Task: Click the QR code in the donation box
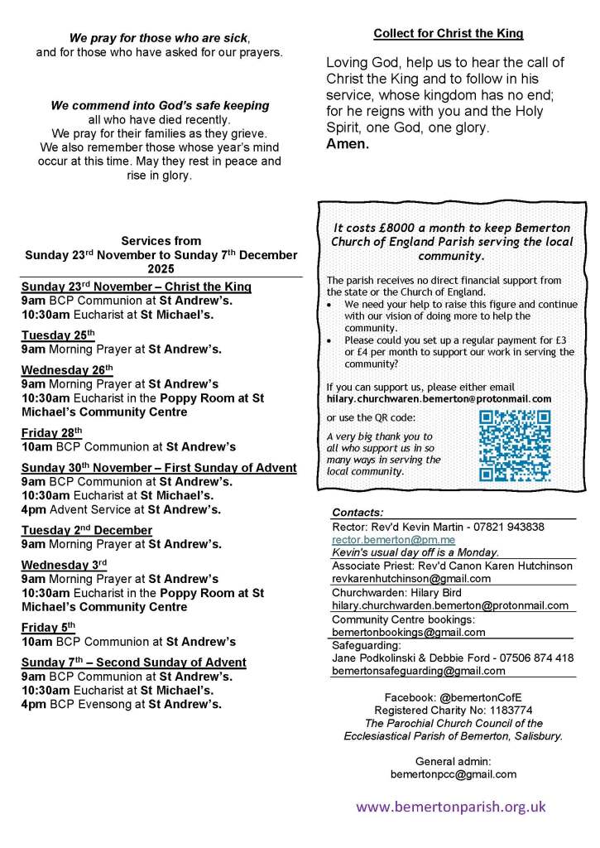515,446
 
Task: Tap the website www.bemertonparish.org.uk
451,807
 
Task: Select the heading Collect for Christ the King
449,34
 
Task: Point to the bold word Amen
348,143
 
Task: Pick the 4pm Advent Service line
121,509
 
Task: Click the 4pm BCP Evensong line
121,705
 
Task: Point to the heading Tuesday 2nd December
87,530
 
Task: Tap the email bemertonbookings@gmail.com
408,632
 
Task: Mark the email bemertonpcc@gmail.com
453,774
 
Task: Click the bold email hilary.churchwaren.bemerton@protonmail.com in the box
439,398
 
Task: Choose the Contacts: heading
358,513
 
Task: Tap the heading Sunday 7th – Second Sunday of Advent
134,662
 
